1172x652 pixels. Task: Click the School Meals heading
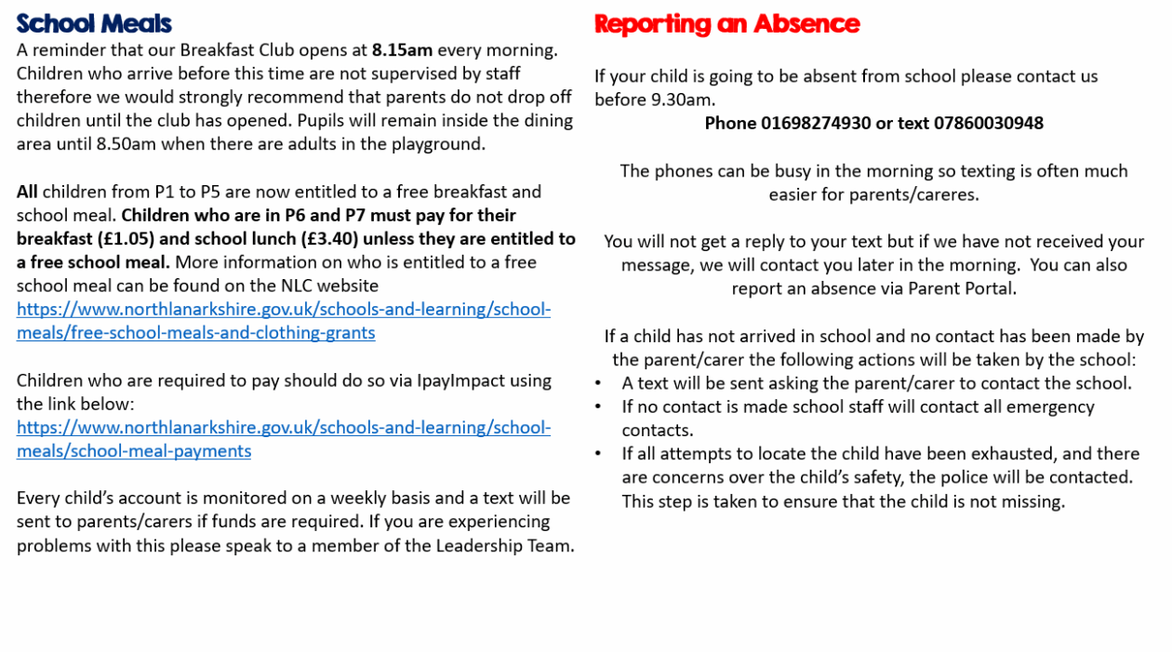[x=94, y=23]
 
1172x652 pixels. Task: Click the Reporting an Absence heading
[x=726, y=23]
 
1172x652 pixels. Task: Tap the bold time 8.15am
[x=402, y=50]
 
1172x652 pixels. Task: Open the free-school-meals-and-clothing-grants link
[x=283, y=321]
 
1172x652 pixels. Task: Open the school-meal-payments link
[x=283, y=439]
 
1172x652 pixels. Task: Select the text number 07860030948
[x=989, y=123]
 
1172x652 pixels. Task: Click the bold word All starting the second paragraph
[x=27, y=192]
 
